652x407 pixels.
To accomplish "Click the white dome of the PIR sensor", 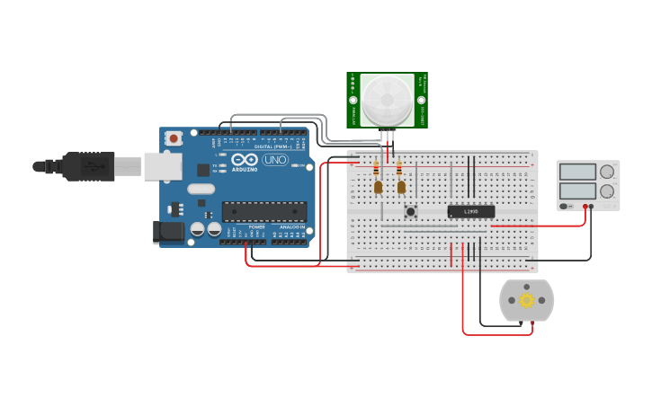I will (388, 99).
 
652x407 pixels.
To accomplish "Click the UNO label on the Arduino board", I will (274, 160).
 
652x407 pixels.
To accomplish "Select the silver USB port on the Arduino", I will (163, 166).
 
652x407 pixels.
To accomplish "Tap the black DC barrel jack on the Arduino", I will (168, 233).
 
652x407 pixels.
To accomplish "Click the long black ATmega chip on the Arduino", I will (264, 212).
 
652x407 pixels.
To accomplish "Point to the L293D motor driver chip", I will (470, 212).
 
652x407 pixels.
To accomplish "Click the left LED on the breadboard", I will (378, 187).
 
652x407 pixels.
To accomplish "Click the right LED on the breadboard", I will (401, 187).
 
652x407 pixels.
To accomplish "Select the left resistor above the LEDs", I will (376, 169).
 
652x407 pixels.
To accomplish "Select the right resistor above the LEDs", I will (399, 169).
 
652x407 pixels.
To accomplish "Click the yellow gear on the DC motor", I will (526, 300).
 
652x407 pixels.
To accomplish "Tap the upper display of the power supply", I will (576, 173).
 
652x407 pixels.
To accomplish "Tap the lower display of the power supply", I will (576, 190).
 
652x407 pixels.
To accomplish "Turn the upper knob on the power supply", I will (607, 172).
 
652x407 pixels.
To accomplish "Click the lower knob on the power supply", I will (607, 190).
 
